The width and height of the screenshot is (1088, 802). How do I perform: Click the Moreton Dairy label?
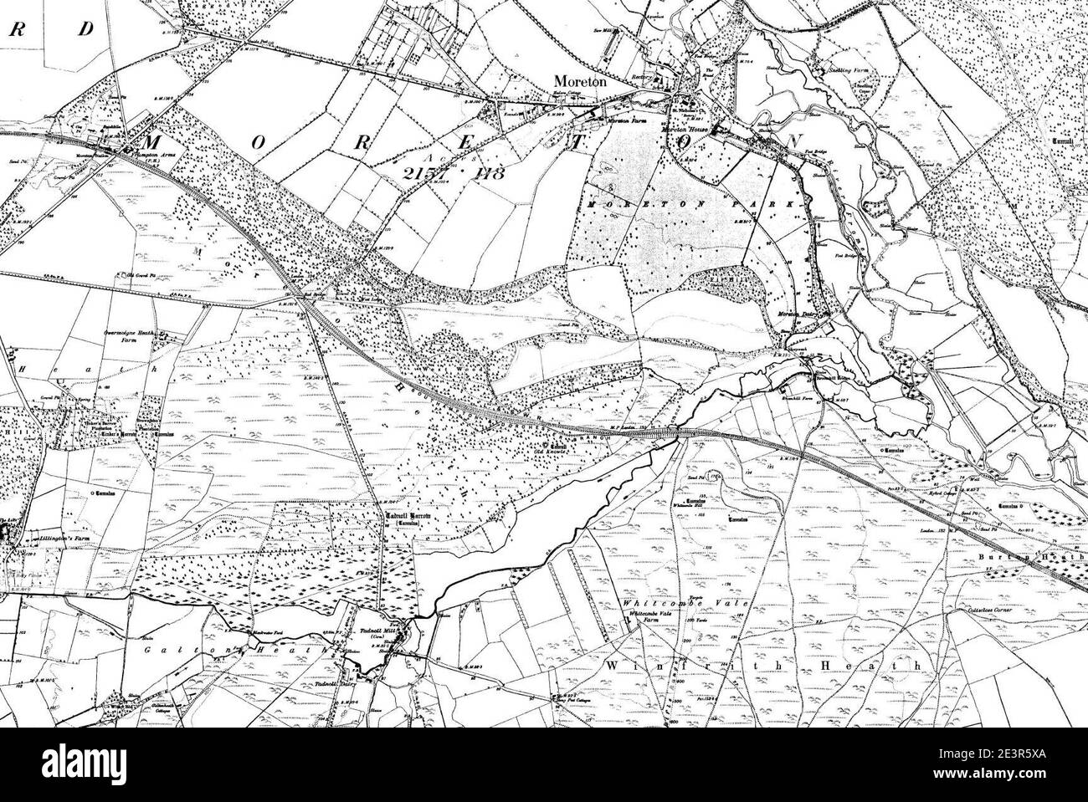click(797, 314)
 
